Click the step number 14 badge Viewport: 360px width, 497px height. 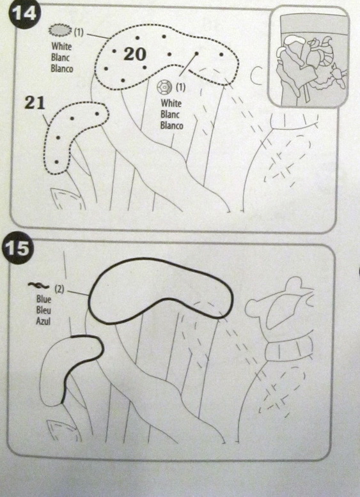(25, 14)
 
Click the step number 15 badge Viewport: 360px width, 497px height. (17, 249)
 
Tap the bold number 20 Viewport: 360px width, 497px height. (135, 54)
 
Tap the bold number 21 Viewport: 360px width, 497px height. (35, 103)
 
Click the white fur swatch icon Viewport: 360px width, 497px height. (59, 30)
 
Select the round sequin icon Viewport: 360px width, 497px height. (164, 86)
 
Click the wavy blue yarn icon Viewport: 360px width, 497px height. (38, 286)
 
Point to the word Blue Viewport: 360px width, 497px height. (43, 299)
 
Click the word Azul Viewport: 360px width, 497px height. (43, 321)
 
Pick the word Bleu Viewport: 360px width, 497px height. (43, 310)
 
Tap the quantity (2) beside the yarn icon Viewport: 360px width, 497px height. (59, 289)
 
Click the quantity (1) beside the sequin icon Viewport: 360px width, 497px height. (180, 86)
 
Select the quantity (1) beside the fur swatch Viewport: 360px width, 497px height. (79, 33)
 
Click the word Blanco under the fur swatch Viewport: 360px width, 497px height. (62, 68)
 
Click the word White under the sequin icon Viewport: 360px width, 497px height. (171, 103)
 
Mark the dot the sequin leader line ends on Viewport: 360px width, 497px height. (197, 54)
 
